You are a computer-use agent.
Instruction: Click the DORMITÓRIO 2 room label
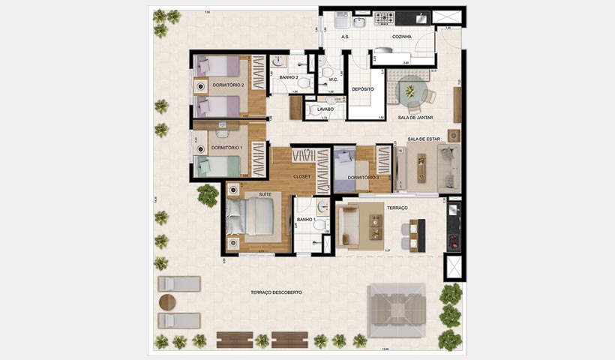(x=229, y=85)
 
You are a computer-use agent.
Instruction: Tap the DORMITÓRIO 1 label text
(x=226, y=148)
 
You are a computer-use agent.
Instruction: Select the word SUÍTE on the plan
(x=244, y=193)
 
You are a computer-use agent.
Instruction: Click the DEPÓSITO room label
(x=363, y=88)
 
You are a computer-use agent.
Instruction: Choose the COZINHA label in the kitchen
(x=401, y=36)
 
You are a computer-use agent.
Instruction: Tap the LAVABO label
(x=325, y=109)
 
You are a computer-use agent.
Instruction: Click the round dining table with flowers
(x=410, y=91)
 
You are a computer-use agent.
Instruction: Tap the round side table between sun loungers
(x=168, y=301)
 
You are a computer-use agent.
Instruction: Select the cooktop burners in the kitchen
(x=385, y=17)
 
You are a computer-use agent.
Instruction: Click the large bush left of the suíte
(x=208, y=196)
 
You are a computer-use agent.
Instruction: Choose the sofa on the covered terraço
(x=349, y=226)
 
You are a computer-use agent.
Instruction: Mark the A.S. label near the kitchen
(x=345, y=36)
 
